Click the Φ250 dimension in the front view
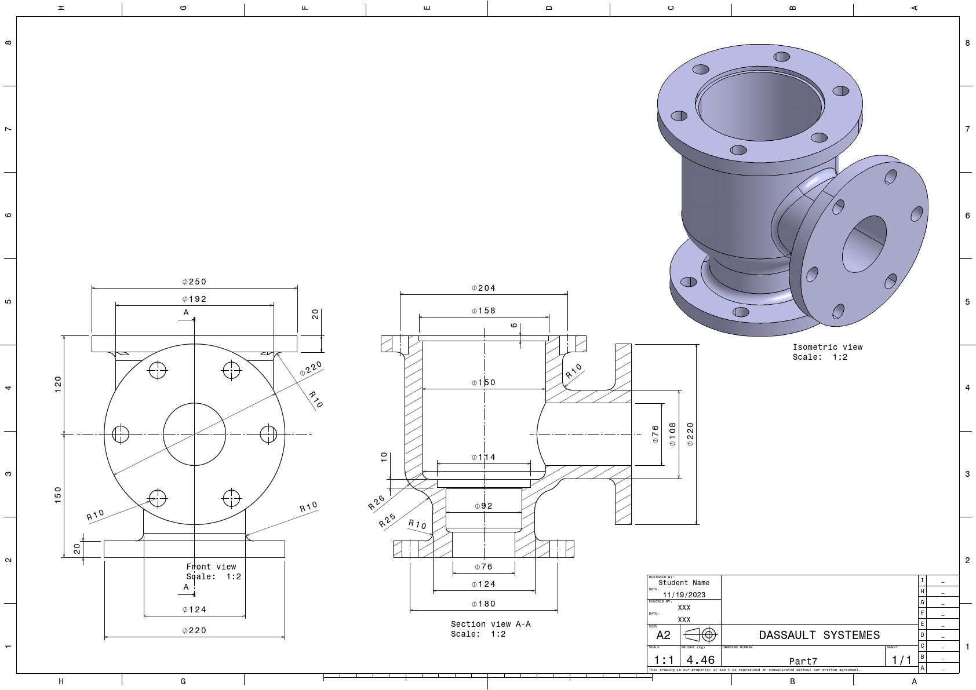click(x=194, y=282)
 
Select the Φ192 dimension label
click(x=194, y=299)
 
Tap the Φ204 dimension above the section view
click(x=483, y=288)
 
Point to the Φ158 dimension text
click(x=483, y=311)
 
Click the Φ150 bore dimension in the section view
click(x=483, y=382)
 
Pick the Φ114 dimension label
click(x=483, y=457)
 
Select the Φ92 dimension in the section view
click(x=483, y=506)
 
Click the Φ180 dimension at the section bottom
click(x=483, y=604)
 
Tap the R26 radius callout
click(x=376, y=502)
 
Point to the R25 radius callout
click(x=387, y=520)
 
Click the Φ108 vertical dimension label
click(x=672, y=434)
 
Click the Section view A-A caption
click(x=490, y=624)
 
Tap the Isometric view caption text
click(x=827, y=347)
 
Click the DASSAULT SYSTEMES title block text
click(x=819, y=635)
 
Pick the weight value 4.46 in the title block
click(x=700, y=660)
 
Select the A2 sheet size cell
click(x=663, y=635)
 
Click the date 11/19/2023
click(x=684, y=595)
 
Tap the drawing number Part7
click(x=803, y=661)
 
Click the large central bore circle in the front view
click(x=194, y=403)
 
